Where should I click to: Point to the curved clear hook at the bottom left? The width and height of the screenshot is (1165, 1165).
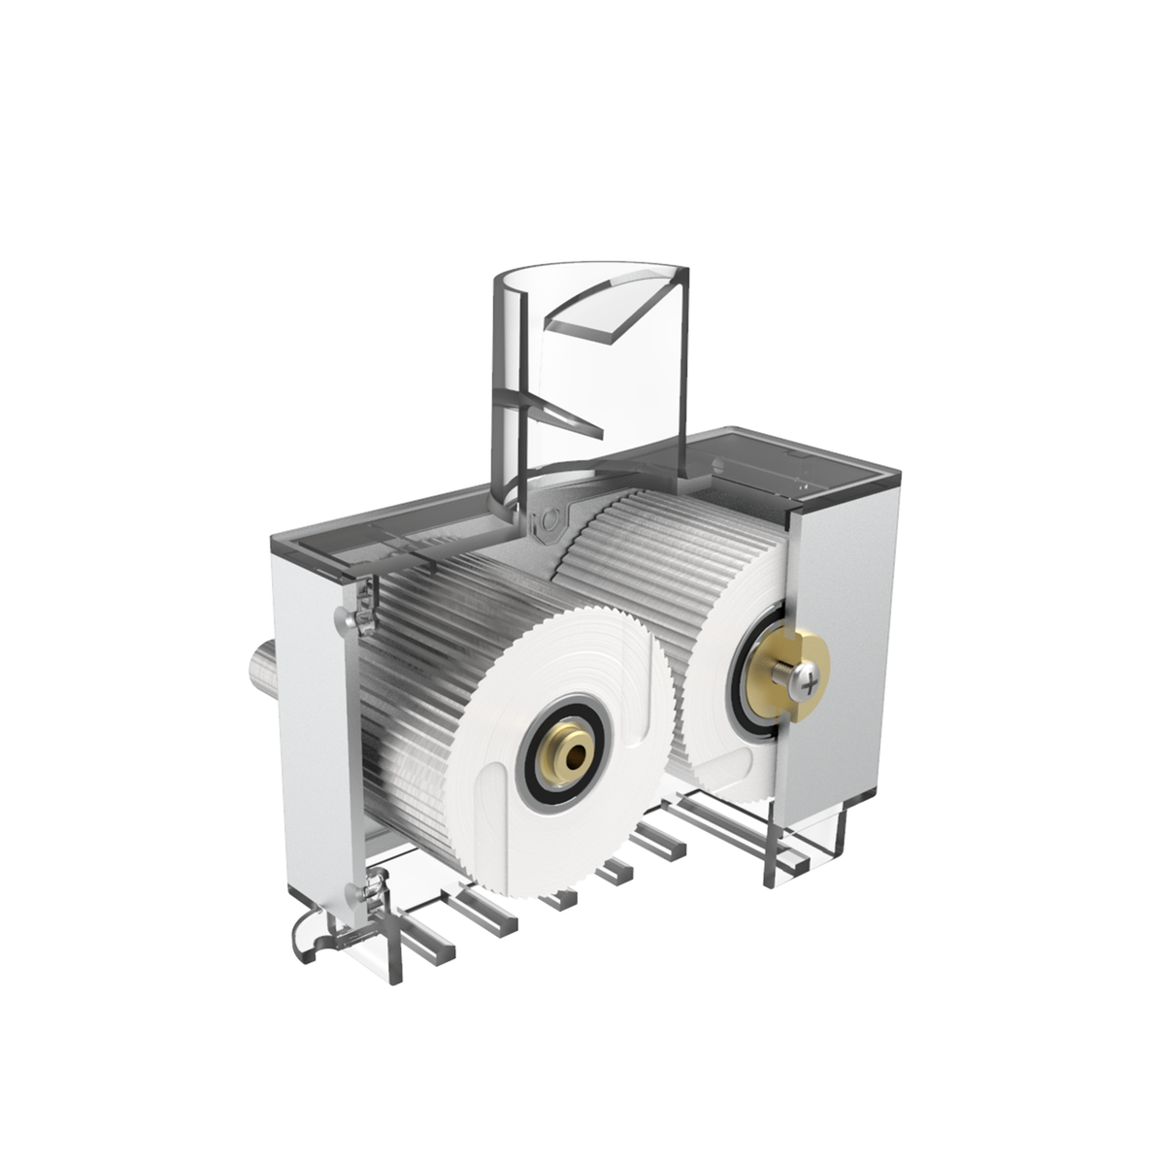pos(309,937)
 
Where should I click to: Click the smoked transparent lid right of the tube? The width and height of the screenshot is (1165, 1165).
pos(786,461)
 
